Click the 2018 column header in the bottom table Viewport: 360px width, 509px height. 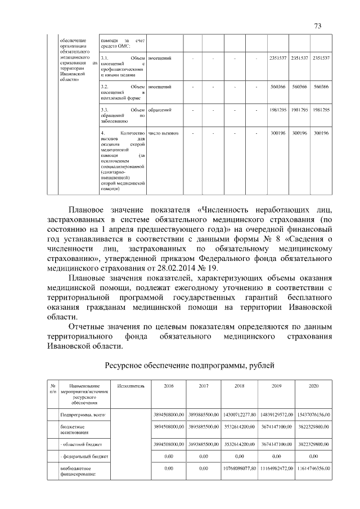tap(239, 386)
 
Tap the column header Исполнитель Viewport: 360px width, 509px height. tap(131, 386)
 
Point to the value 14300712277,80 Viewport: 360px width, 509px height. tap(239, 415)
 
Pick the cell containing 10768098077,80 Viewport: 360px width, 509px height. tap(239, 468)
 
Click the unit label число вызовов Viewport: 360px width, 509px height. tap(163, 133)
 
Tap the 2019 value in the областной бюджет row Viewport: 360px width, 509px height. tap(275, 444)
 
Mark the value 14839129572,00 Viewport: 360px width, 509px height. tap(275, 415)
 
